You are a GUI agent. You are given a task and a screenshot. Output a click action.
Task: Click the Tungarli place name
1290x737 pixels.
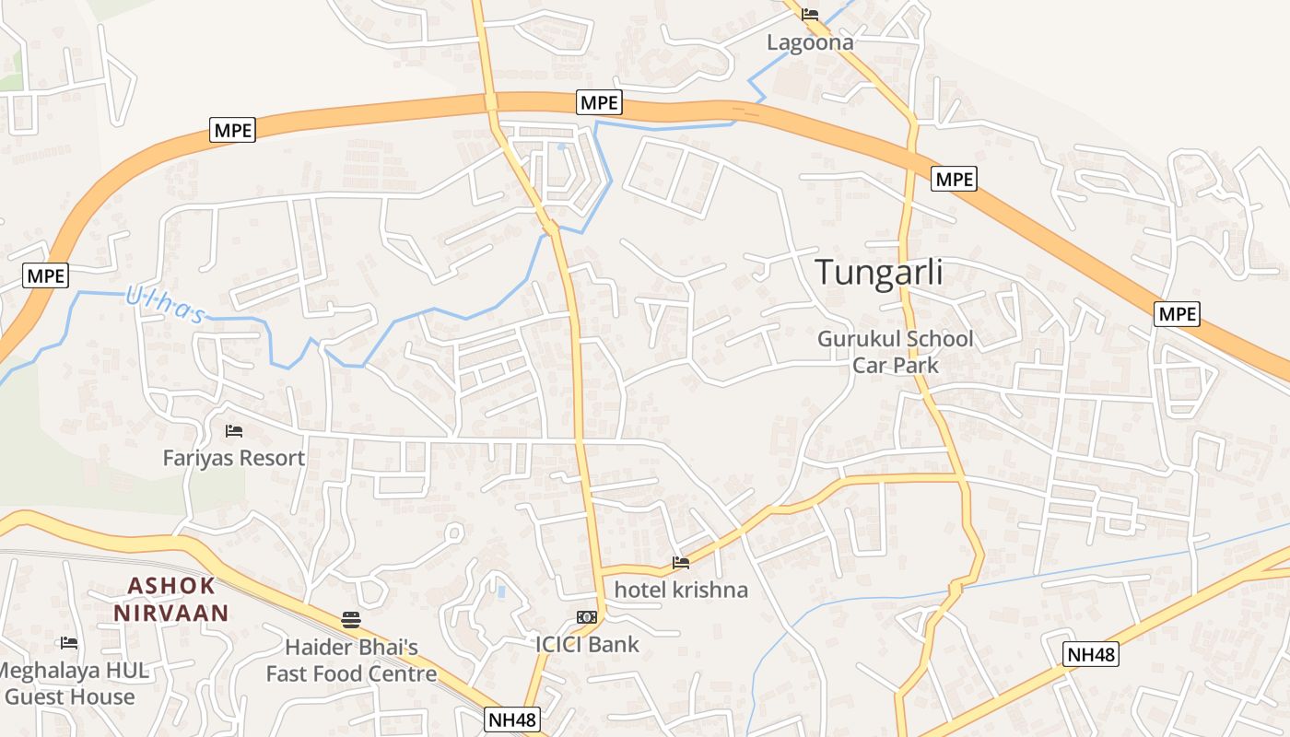tap(879, 273)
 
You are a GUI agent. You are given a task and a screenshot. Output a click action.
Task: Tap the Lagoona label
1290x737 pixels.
tap(810, 42)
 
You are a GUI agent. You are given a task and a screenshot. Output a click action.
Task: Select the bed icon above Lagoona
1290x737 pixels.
tap(810, 14)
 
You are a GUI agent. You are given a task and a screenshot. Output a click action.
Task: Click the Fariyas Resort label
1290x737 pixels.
tap(234, 458)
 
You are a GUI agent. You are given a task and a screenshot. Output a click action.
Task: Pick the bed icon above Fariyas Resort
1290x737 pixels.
tap(234, 430)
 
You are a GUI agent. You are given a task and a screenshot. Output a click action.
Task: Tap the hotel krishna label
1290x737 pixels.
tap(681, 590)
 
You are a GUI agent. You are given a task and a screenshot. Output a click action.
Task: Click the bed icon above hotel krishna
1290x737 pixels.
tap(681, 562)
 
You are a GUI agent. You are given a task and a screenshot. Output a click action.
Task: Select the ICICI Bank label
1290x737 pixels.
tap(587, 644)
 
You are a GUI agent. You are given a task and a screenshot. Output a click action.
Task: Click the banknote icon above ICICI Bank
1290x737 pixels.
tap(586, 616)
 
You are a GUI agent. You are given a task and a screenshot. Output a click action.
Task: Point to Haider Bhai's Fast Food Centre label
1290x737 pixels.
tap(351, 661)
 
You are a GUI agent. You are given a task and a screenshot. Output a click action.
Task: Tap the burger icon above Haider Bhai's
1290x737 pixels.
tap(350, 619)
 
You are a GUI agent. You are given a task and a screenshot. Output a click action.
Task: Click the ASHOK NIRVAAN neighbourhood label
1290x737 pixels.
tap(171, 599)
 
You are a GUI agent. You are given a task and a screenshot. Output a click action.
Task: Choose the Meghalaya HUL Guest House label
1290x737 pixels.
tap(72, 684)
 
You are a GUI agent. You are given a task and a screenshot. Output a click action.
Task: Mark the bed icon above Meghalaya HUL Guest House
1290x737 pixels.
tap(68, 642)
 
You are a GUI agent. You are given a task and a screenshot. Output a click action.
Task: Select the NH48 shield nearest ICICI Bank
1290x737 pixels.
tap(512, 719)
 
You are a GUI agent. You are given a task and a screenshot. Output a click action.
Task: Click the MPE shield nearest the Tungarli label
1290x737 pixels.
tap(954, 179)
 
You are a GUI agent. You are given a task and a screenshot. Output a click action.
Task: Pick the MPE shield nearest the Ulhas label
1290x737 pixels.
tap(46, 275)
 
